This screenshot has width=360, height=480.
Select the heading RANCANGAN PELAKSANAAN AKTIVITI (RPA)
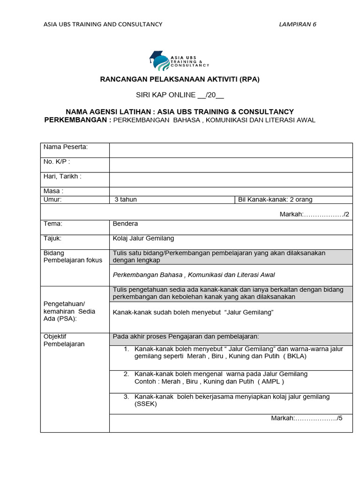point(180,79)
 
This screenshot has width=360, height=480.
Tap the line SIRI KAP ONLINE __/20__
point(180,95)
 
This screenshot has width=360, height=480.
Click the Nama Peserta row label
point(66,147)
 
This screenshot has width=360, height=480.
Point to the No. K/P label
point(57,162)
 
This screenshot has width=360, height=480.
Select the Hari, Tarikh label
point(62,176)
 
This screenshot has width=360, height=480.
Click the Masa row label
point(53,191)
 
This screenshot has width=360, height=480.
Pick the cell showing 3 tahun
point(126,200)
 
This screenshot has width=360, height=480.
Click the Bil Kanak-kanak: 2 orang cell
point(275,200)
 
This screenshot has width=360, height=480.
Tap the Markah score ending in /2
point(314,214)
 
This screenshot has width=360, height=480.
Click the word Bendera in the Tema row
point(126,224)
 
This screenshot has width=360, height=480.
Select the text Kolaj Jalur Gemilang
point(143,238)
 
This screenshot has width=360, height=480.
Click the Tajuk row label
point(53,238)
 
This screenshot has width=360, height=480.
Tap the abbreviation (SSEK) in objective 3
point(146,404)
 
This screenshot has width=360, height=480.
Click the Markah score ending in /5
point(307,418)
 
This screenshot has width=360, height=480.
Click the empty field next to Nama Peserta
point(231,150)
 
